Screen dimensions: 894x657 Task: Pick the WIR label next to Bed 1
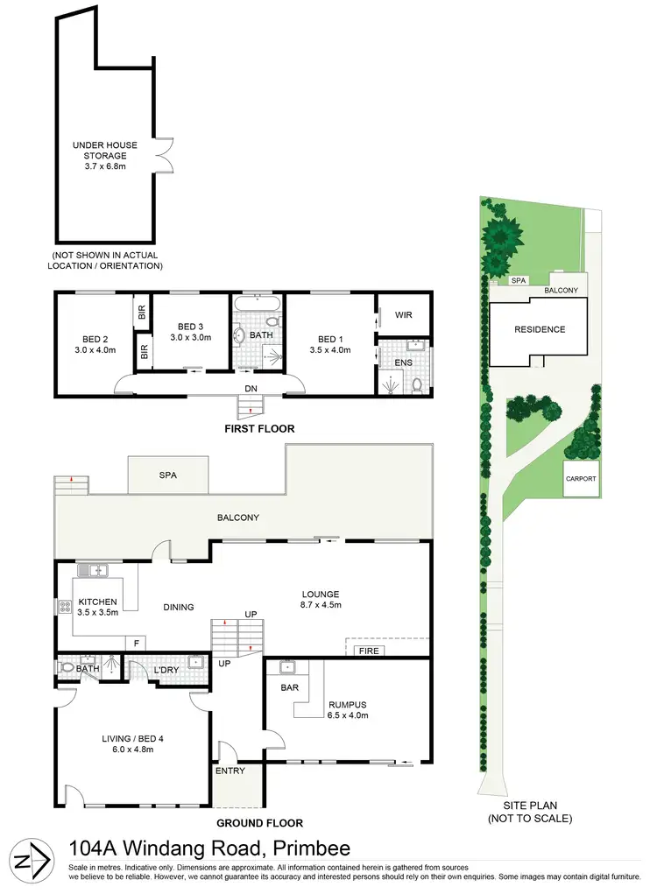pos(403,315)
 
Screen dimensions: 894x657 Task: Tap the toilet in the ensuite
pos(417,384)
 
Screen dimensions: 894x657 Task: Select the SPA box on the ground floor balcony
pos(168,475)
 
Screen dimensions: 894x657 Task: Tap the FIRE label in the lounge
pos(361,651)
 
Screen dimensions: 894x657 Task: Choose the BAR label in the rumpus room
pos(290,687)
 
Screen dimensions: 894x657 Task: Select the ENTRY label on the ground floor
pos(230,771)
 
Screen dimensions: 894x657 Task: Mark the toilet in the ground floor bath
pos(67,667)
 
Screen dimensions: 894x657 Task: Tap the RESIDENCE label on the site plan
pos(540,330)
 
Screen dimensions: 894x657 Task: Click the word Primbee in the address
pos(313,848)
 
